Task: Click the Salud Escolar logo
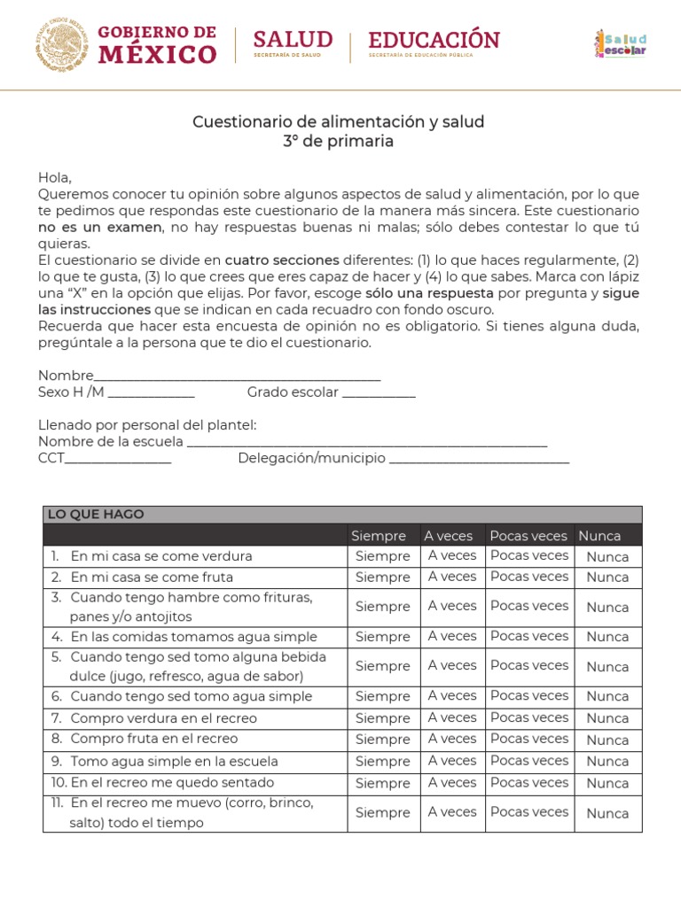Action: point(620,43)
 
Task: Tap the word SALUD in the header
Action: point(293,40)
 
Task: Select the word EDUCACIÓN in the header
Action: point(434,40)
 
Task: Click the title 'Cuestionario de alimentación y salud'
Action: point(339,121)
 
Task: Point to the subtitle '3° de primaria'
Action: point(339,142)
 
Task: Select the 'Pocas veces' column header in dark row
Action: point(528,535)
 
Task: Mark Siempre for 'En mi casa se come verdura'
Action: point(383,556)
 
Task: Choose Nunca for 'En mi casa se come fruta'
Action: point(607,578)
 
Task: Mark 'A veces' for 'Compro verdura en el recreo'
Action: point(452,717)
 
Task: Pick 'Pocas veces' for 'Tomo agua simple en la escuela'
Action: point(528,761)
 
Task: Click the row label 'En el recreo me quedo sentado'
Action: point(172,783)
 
